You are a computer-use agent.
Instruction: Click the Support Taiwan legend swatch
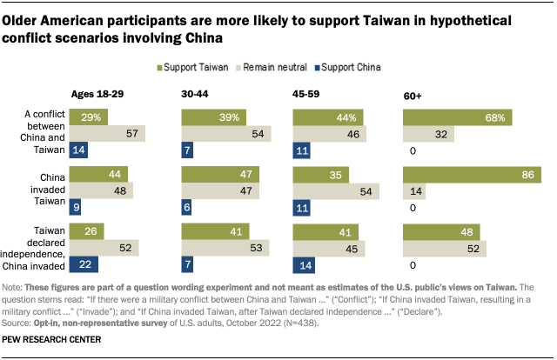point(161,66)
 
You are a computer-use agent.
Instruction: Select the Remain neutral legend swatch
point(237,66)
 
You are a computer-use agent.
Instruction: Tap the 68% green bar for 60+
point(457,117)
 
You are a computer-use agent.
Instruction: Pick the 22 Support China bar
point(84,263)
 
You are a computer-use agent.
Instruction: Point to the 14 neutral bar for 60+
point(415,191)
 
